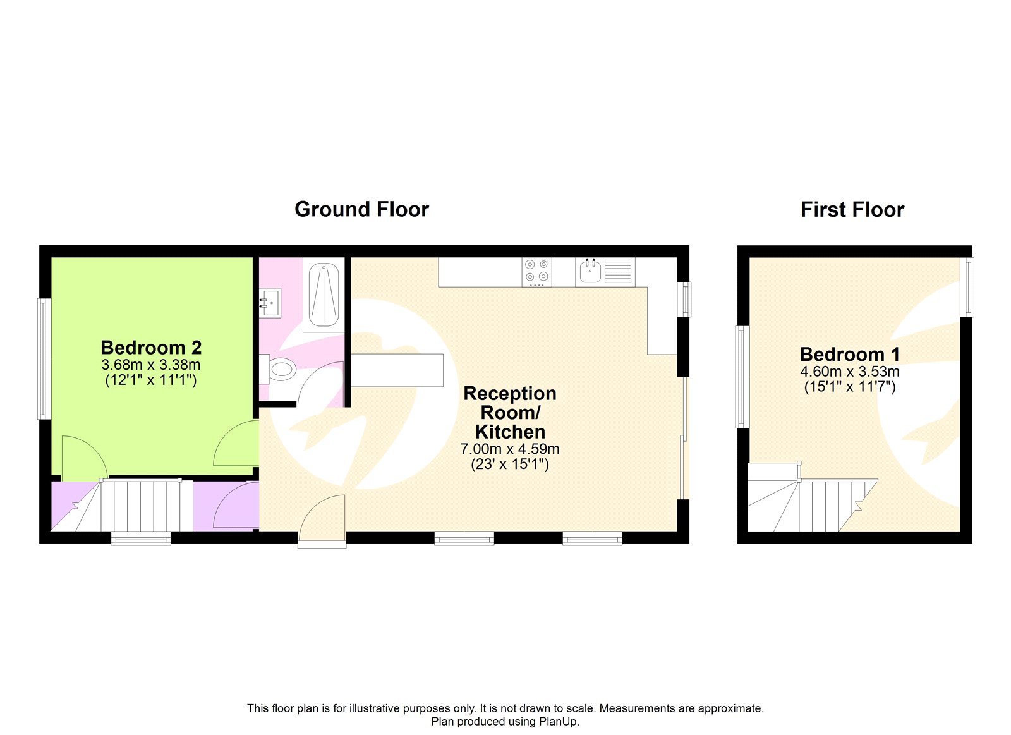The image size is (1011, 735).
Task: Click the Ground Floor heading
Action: point(361,209)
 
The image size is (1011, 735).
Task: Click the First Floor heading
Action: point(852,209)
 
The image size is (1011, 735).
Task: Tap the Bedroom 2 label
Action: point(151,348)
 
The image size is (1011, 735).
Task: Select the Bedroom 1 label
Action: point(849,354)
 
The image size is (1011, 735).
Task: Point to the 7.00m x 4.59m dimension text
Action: point(509,449)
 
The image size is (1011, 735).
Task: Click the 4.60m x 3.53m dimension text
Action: point(849,372)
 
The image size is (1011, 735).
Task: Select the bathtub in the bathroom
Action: point(324,294)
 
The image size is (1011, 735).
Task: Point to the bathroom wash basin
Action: point(270,303)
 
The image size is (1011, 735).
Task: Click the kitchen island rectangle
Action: point(397,370)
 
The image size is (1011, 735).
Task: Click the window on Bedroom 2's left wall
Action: point(44,358)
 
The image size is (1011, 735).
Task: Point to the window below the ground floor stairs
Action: point(141,538)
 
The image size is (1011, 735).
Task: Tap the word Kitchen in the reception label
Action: point(509,432)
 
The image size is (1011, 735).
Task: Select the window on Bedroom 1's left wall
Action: point(742,377)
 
